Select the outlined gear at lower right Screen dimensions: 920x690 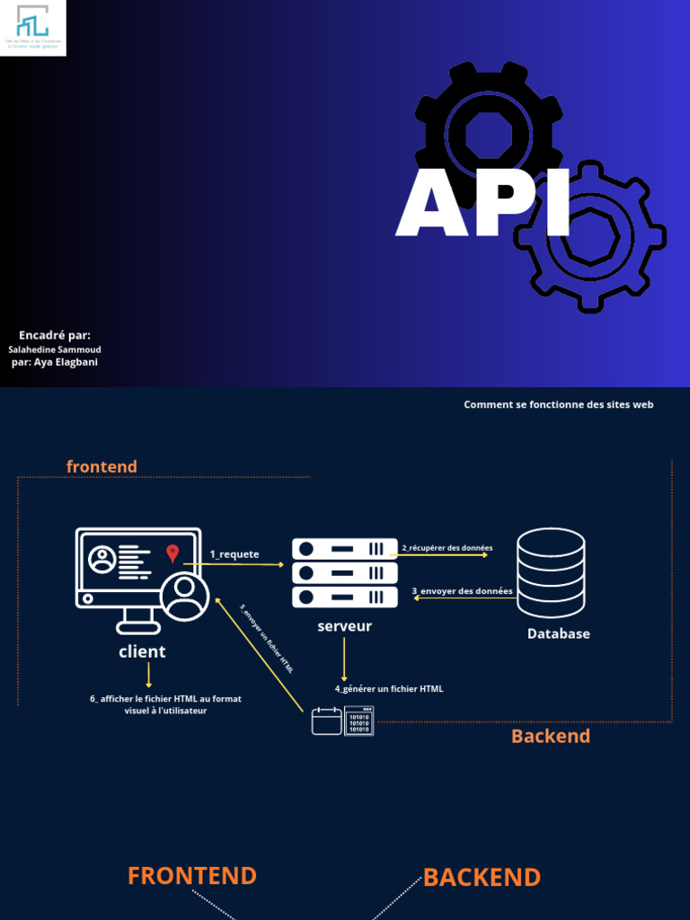click(x=590, y=236)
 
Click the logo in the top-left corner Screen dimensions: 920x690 click(x=33, y=28)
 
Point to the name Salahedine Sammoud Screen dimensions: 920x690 click(x=55, y=349)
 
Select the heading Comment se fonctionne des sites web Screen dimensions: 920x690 click(x=558, y=404)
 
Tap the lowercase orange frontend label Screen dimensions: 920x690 click(x=102, y=466)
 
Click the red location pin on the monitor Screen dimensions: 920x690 click(x=172, y=553)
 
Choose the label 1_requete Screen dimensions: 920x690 click(x=234, y=554)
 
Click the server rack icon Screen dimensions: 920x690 click(x=344, y=572)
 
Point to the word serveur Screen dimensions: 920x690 click(x=344, y=626)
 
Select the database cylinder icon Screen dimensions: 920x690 click(x=551, y=572)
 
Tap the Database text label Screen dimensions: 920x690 click(x=558, y=633)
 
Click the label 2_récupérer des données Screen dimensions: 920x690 click(x=447, y=547)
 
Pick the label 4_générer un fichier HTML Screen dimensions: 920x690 click(x=389, y=689)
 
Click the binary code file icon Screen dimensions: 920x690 click(x=358, y=721)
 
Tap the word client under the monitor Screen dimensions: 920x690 click(x=142, y=651)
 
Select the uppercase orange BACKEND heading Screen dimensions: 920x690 click(x=482, y=878)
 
